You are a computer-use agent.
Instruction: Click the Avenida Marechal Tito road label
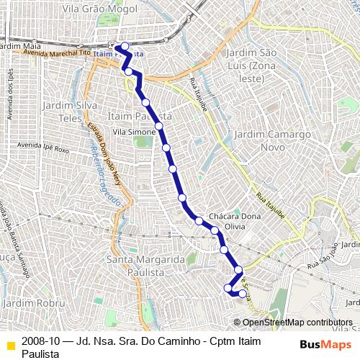tap(55, 53)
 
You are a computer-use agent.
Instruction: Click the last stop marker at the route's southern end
tap(243, 294)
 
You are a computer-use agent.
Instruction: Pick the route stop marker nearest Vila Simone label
tap(158, 126)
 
